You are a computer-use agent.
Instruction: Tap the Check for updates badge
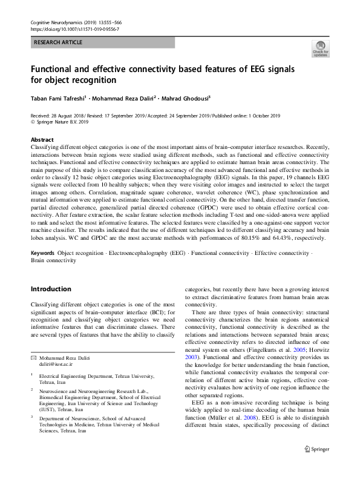pyautogui.click(x=319, y=49)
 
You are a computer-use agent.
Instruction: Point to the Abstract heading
pyautogui.click(x=42, y=140)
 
